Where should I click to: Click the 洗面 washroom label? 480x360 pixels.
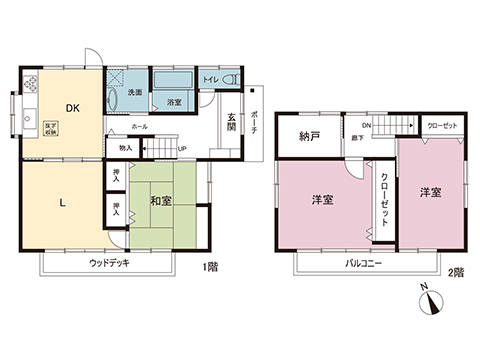coord(133,93)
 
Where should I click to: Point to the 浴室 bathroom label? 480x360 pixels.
coord(175,102)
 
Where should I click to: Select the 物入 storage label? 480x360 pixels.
coord(125,148)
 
